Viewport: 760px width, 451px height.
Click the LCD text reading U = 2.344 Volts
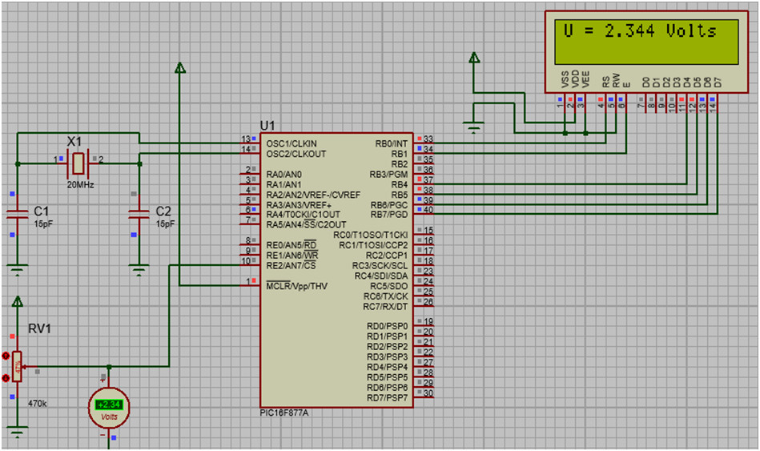pos(639,31)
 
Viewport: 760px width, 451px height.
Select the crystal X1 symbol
pos(78,163)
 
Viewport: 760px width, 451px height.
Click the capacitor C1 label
pos(42,211)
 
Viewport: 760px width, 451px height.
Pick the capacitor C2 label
pos(163,211)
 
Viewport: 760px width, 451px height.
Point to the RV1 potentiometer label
pos(40,328)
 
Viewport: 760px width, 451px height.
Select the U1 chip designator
pos(267,126)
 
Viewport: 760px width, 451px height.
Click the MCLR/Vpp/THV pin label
pos(296,286)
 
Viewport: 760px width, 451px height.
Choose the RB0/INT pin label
pos(392,143)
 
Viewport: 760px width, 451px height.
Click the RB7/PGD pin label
pos(390,215)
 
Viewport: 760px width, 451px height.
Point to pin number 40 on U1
pos(428,211)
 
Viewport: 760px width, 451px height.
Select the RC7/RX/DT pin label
pos(385,307)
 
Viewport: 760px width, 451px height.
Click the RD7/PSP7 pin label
pos(387,398)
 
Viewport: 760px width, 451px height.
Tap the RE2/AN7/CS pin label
pos(291,265)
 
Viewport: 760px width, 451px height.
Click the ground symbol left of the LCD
pos(474,125)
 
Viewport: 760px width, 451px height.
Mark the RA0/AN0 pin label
pos(284,174)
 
